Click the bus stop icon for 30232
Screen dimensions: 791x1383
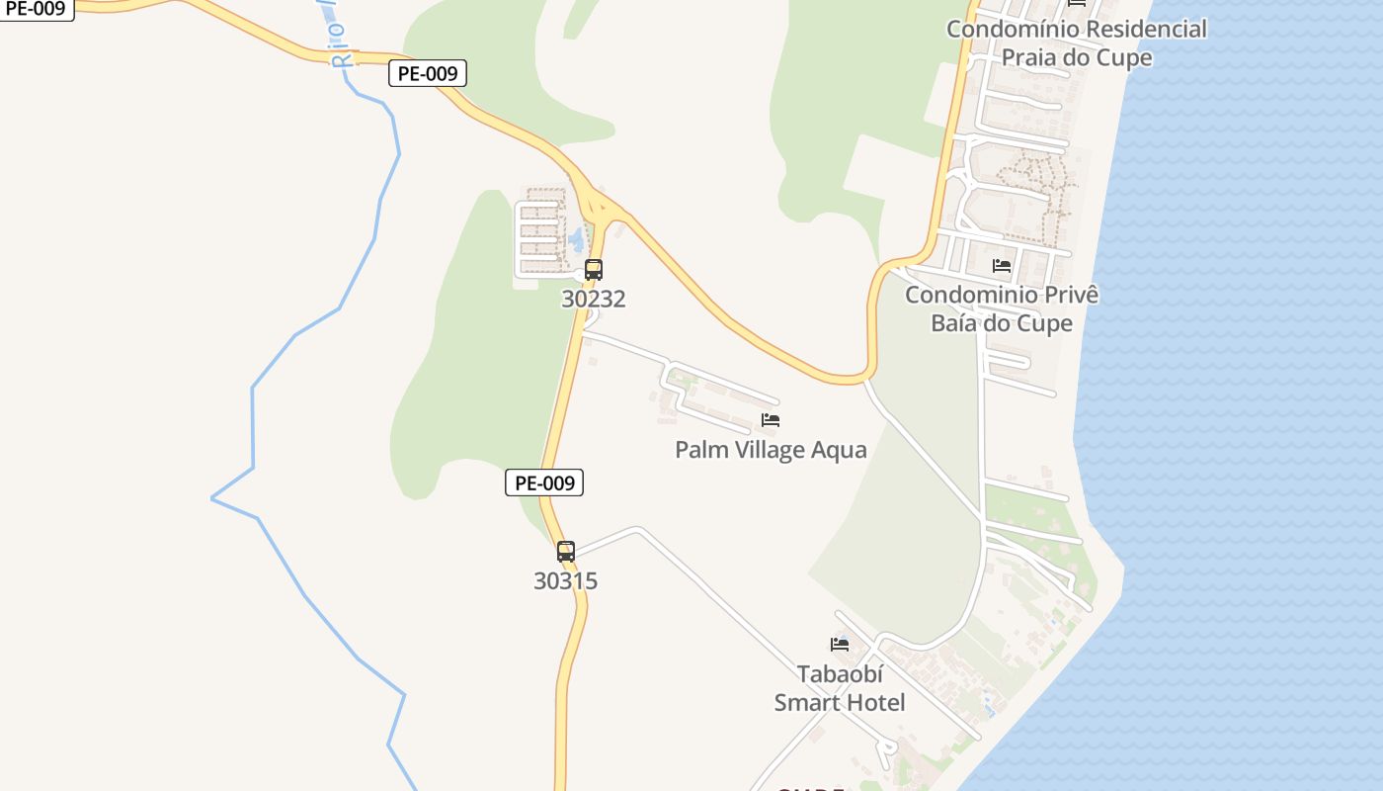coord(593,269)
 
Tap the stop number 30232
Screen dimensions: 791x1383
coord(593,299)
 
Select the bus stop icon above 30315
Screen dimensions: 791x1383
coord(565,552)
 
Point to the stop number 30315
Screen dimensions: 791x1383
coord(565,581)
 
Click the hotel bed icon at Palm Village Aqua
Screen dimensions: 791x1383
coord(771,420)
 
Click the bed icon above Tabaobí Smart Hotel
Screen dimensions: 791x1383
coord(840,645)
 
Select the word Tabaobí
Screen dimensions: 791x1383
coord(840,674)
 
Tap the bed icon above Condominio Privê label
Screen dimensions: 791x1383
coord(1002,265)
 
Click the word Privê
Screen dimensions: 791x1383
coord(1072,295)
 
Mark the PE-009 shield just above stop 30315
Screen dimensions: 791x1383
coord(544,483)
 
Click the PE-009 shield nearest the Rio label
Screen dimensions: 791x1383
coord(427,73)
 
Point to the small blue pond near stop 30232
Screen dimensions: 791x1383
coord(575,239)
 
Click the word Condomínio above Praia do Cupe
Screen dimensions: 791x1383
coord(1005,29)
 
